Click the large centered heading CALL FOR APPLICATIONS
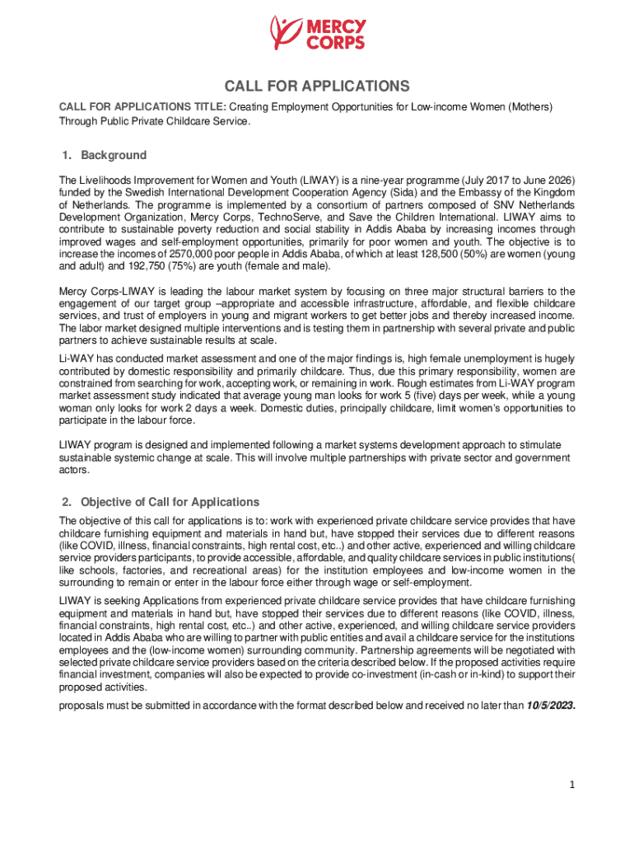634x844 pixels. coord(317,87)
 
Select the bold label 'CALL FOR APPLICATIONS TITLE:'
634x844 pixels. coord(141,107)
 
